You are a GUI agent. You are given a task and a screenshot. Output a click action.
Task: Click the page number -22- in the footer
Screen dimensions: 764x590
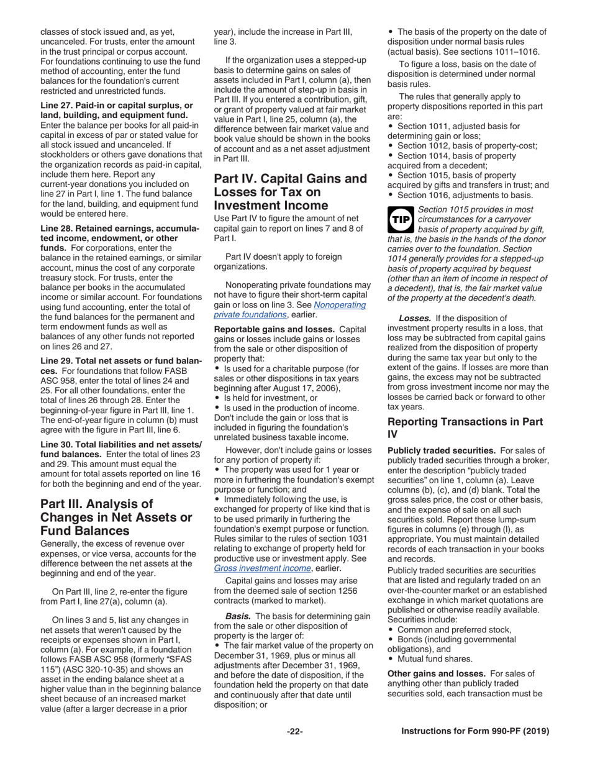[294, 731]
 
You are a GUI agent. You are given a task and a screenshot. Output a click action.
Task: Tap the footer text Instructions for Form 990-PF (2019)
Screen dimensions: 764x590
[475, 731]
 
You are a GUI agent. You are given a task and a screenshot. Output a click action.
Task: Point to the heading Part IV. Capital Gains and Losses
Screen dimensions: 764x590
[290, 192]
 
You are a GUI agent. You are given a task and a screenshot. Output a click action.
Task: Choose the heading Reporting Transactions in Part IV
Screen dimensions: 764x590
[465, 428]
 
